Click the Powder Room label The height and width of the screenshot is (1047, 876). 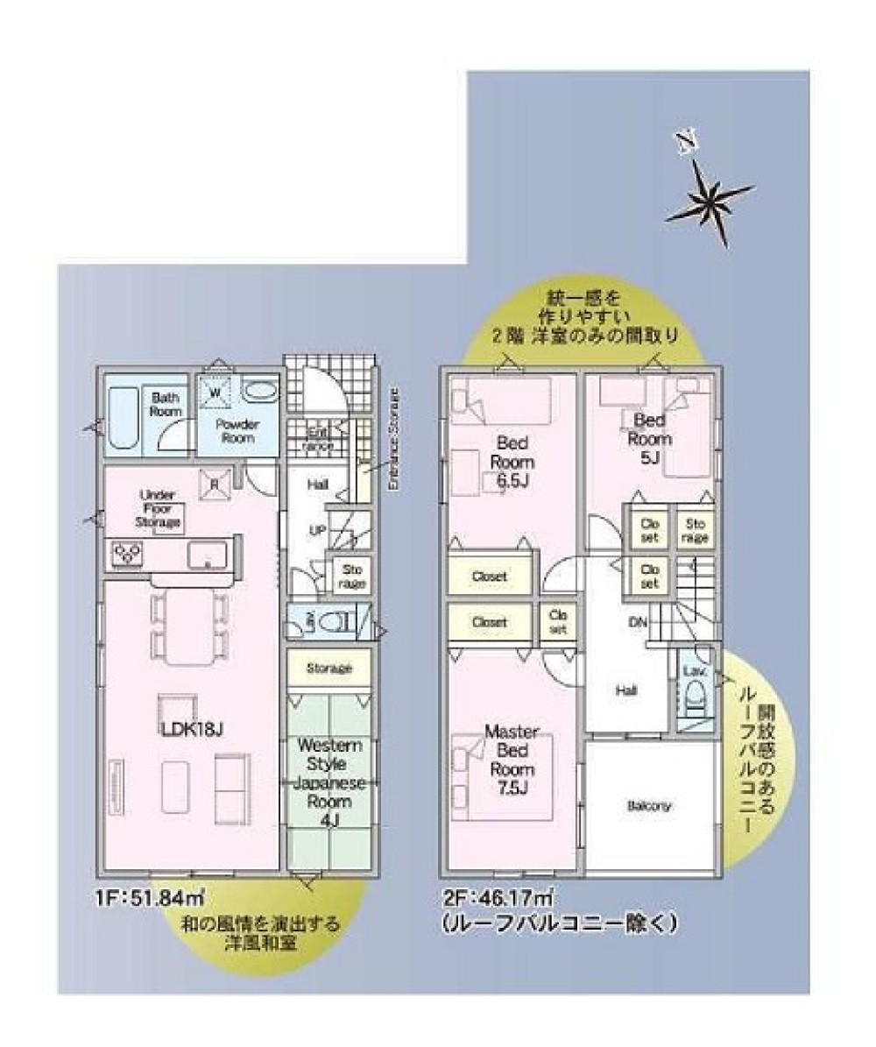click(x=237, y=429)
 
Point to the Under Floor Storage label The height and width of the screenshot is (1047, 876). click(x=159, y=509)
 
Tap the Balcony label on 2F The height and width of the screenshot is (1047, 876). click(x=649, y=806)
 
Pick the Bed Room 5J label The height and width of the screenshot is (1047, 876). click(x=652, y=439)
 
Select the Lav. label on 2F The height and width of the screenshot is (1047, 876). click(x=694, y=671)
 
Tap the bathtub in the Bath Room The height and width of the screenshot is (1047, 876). click(x=124, y=419)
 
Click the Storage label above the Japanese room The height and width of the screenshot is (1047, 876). click(x=328, y=669)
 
